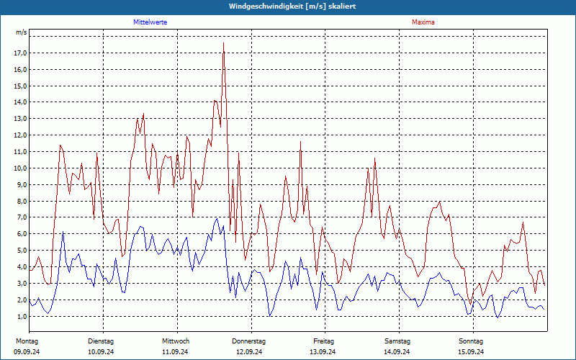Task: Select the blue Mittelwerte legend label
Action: [150, 22]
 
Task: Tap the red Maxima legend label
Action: [423, 22]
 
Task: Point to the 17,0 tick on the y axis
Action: [20, 53]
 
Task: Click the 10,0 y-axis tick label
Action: [20, 168]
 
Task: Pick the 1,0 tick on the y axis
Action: [22, 317]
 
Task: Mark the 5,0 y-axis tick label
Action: [22, 251]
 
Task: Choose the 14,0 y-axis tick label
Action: [20, 102]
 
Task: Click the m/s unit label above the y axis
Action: [22, 33]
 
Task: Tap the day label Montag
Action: [27, 341]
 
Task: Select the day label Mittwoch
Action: [176, 341]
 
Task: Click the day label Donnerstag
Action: [249, 341]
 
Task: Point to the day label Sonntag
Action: [471, 341]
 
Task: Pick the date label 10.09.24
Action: [101, 352]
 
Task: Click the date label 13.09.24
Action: [323, 352]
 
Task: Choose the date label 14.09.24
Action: [397, 352]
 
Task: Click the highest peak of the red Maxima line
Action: [223, 43]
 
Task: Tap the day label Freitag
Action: [323, 341]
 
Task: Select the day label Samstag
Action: [397, 341]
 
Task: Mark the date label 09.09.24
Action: [27, 352]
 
